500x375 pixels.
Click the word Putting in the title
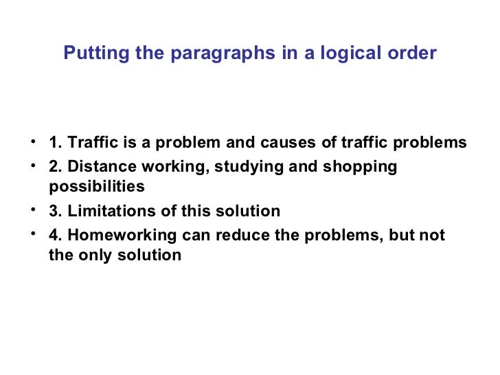[90, 54]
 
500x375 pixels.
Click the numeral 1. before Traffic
[54, 143]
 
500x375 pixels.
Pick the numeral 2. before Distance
[54, 166]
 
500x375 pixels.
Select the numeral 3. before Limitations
[54, 211]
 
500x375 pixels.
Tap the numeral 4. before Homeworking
[54, 235]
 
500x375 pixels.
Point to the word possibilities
[97, 187]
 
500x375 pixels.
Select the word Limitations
[104, 211]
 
